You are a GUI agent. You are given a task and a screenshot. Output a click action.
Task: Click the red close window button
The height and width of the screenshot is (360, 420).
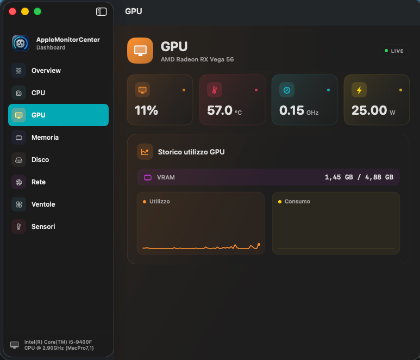click(x=12, y=11)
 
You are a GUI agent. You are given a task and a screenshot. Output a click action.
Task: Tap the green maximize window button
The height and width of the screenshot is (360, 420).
click(x=37, y=11)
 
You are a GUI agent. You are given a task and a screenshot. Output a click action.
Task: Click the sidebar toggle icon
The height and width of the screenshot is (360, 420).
click(x=101, y=11)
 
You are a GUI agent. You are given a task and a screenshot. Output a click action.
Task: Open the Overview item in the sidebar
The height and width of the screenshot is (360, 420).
click(x=46, y=71)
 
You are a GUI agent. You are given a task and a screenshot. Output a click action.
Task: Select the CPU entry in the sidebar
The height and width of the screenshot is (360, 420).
click(x=38, y=93)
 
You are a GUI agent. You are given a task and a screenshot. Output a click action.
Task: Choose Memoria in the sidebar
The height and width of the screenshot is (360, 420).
click(x=45, y=138)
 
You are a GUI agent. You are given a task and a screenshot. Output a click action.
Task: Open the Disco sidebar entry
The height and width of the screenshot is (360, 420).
click(x=40, y=160)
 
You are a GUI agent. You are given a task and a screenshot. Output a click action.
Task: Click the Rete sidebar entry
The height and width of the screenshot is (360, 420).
click(x=39, y=182)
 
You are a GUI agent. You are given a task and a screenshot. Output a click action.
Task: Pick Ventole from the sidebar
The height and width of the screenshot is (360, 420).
click(x=43, y=204)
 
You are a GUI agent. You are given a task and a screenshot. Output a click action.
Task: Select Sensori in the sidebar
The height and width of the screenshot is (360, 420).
click(x=43, y=227)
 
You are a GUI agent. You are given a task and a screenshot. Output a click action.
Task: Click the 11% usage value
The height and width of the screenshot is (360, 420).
click(x=146, y=110)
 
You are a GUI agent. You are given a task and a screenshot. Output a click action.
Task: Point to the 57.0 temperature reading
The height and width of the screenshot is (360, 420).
click(x=220, y=110)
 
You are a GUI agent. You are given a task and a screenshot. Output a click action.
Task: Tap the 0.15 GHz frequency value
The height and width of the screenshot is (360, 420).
click(x=299, y=110)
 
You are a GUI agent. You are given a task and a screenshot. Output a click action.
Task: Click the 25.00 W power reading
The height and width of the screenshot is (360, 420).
click(x=373, y=110)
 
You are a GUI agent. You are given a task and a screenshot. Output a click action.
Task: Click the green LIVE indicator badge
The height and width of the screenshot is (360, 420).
click(x=394, y=51)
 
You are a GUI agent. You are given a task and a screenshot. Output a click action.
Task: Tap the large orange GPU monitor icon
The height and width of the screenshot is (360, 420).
click(x=140, y=51)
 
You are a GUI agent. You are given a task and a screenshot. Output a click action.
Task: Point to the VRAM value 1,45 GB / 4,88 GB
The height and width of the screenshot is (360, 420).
click(x=359, y=177)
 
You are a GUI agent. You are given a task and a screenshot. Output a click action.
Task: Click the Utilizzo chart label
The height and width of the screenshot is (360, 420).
click(x=159, y=201)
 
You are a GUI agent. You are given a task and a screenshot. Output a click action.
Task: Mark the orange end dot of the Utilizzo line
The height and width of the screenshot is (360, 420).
click(x=259, y=245)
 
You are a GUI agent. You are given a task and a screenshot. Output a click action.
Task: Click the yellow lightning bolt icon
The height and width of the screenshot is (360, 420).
click(x=359, y=90)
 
